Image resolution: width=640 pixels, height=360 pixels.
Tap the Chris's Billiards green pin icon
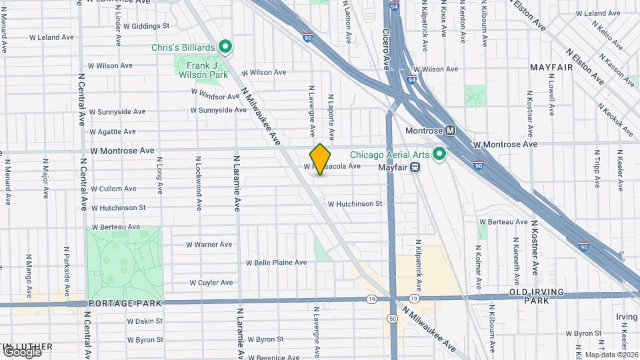coord(225,47)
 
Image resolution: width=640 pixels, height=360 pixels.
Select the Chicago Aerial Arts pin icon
coord(439,154)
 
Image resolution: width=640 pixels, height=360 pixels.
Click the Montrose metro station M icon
coord(451,131)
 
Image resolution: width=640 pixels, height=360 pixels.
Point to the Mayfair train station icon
coord(415,167)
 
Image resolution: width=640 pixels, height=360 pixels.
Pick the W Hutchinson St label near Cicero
coord(355,203)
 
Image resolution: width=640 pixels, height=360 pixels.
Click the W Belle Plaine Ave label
coord(276,262)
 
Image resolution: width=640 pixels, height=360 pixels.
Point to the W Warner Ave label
coord(209,245)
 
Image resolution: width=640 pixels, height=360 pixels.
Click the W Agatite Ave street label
coord(113,131)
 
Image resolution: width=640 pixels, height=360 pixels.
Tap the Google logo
coord(21,351)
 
